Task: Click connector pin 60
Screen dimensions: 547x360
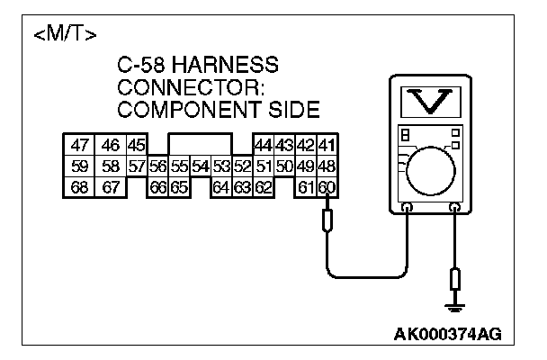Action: click(x=327, y=186)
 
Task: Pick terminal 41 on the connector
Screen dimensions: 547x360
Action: click(x=327, y=145)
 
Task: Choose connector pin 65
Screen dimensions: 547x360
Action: click(x=179, y=186)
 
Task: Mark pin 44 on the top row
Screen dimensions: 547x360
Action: click(x=263, y=145)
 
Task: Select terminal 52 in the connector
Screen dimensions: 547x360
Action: click(x=241, y=166)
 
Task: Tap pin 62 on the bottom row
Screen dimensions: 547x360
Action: click(x=263, y=186)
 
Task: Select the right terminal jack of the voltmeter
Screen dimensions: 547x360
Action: click(x=454, y=208)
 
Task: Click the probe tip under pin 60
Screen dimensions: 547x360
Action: click(x=327, y=218)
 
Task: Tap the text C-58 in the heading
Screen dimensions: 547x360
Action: click(x=146, y=66)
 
